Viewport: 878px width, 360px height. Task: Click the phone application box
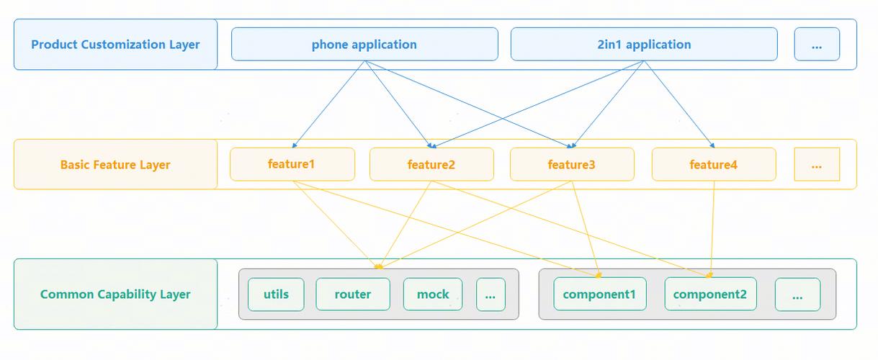pyautogui.click(x=364, y=44)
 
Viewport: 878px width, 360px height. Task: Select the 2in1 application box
pyautogui.click(x=644, y=44)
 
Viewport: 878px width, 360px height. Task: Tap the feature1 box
pyautogui.click(x=292, y=164)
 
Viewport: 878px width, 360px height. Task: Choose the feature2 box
pyautogui.click(x=431, y=164)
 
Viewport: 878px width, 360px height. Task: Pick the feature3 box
pyautogui.click(x=572, y=164)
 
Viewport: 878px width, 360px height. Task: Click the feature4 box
pyautogui.click(x=714, y=164)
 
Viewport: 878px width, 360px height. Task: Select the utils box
pyautogui.click(x=276, y=294)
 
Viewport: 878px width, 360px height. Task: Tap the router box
pyautogui.click(x=353, y=294)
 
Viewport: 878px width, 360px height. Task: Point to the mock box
pyautogui.click(x=433, y=294)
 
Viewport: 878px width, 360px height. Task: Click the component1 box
pyautogui.click(x=600, y=294)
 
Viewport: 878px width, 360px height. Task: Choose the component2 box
pyautogui.click(x=711, y=294)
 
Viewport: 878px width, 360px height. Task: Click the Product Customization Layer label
pyautogui.click(x=115, y=44)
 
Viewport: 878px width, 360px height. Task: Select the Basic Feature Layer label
pyautogui.click(x=115, y=165)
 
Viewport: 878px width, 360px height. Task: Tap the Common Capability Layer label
pyautogui.click(x=115, y=294)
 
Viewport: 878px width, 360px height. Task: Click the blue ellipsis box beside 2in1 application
pyautogui.click(x=817, y=44)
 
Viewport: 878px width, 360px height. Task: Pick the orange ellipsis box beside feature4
pyautogui.click(x=817, y=164)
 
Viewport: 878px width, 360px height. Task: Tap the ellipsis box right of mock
pyautogui.click(x=490, y=294)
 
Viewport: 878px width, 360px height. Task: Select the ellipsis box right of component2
pyautogui.click(x=797, y=294)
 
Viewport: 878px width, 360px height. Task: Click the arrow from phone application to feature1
pyautogui.click(x=328, y=104)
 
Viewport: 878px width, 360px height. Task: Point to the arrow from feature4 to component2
pyautogui.click(x=712, y=229)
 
